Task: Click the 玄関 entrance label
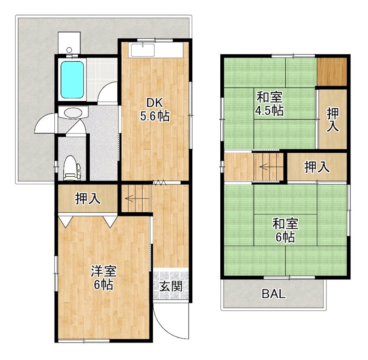[171, 286]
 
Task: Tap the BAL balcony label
[274, 294]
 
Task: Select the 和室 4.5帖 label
[270, 104]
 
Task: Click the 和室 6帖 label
[286, 231]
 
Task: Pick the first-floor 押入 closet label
[87, 198]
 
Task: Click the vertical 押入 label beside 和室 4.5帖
[333, 119]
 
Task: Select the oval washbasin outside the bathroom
[72, 112]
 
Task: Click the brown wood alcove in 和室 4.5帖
[332, 71]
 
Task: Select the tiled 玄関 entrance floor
[171, 285]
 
